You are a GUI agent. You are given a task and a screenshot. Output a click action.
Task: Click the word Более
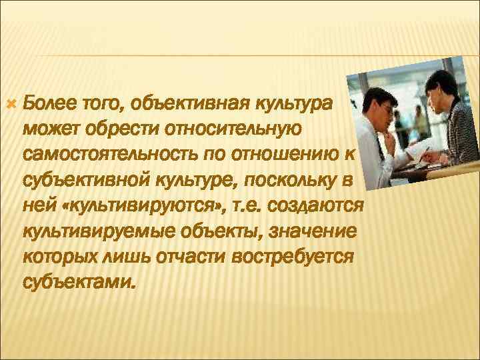(x=49, y=103)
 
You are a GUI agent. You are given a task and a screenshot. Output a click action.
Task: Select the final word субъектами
(x=77, y=282)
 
